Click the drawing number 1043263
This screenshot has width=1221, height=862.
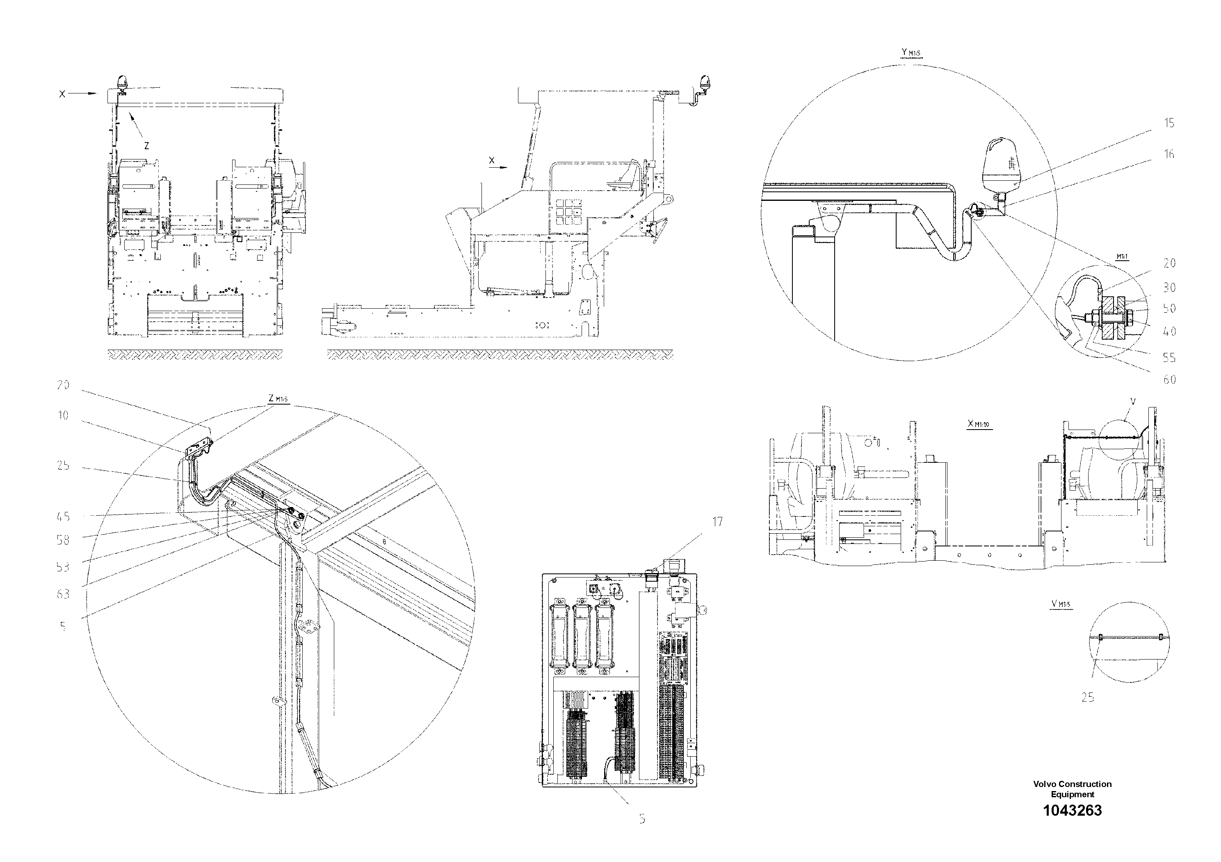click(1072, 810)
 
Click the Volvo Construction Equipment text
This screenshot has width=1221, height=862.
click(1072, 789)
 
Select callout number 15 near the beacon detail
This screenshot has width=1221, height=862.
click(1169, 123)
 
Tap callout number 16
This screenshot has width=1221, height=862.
click(1169, 154)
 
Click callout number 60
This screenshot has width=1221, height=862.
click(1169, 380)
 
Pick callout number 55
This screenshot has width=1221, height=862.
click(1169, 358)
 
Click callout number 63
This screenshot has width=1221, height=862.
click(63, 594)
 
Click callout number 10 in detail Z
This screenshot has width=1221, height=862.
click(63, 415)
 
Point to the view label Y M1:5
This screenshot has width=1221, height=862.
click(911, 52)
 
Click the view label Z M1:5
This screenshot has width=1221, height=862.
click(278, 398)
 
